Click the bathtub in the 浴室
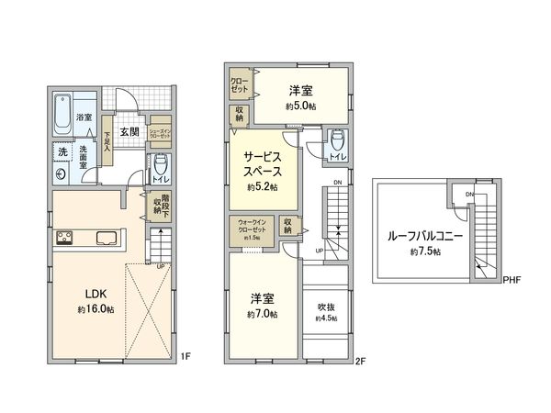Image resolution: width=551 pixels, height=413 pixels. pyautogui.click(x=62, y=112)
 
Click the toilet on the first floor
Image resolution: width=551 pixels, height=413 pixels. pyautogui.click(x=162, y=168)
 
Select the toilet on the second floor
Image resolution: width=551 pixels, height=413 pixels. pyautogui.click(x=337, y=140)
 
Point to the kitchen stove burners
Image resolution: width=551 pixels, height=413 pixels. pyautogui.click(x=67, y=240)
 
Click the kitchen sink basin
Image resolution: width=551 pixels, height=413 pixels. pyautogui.click(x=106, y=240)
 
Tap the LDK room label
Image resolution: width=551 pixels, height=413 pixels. pyautogui.click(x=97, y=294)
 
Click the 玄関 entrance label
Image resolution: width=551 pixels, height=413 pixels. pyautogui.click(x=129, y=132)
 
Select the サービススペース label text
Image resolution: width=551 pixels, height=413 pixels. pyautogui.click(x=263, y=163)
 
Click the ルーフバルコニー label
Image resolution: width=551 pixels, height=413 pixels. pyautogui.click(x=425, y=235)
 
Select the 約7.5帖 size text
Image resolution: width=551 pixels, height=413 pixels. pyautogui.click(x=425, y=251)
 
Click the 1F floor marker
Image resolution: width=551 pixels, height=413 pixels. pyautogui.click(x=185, y=355)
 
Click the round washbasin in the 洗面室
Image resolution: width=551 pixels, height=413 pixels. pyautogui.click(x=61, y=173)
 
